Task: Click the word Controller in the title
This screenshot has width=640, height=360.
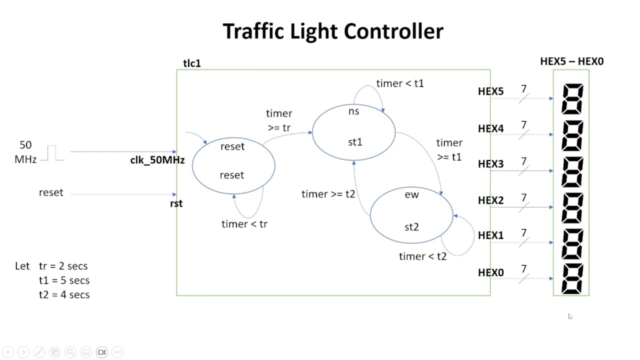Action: click(394, 31)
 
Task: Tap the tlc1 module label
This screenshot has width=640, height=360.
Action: click(192, 63)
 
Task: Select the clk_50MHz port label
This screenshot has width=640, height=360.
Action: click(157, 160)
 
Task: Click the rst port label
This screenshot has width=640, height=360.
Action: click(176, 203)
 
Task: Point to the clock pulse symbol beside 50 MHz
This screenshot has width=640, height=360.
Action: click(52, 153)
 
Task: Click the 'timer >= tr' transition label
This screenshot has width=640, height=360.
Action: click(279, 120)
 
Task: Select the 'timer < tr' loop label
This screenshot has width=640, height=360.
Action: click(244, 224)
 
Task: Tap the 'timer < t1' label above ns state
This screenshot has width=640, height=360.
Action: click(400, 83)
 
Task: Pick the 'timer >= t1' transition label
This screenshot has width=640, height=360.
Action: click(449, 150)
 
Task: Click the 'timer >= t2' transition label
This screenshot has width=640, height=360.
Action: click(328, 194)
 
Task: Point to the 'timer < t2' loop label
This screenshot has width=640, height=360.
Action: click(422, 256)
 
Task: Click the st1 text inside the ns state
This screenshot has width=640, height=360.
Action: click(355, 142)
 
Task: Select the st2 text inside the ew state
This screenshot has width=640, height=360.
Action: click(411, 227)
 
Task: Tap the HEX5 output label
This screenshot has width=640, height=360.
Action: click(490, 91)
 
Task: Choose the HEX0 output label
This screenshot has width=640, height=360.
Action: click(490, 272)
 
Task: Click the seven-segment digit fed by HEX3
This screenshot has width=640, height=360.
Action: click(572, 171)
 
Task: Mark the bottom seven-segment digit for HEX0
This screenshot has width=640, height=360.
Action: click(572, 279)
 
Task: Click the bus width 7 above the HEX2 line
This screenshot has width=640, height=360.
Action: click(523, 197)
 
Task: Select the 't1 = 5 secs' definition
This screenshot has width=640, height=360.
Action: click(64, 280)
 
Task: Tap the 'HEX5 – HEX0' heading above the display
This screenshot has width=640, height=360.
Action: click(571, 61)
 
